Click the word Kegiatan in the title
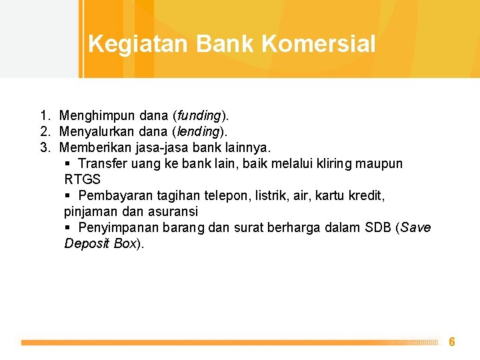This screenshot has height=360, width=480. [x=138, y=45]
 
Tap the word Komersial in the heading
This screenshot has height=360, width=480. [x=319, y=43]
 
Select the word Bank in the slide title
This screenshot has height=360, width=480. [x=225, y=43]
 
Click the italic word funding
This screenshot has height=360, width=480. [x=199, y=116]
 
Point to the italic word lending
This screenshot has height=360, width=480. [x=199, y=132]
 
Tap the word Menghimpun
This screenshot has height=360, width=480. [x=97, y=116]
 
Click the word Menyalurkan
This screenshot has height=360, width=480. [x=97, y=132]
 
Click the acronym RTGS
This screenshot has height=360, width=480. [x=83, y=179]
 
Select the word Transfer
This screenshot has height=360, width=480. [x=103, y=163]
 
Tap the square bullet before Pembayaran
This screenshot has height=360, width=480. [x=67, y=195]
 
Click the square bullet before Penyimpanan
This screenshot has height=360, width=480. [x=67, y=227]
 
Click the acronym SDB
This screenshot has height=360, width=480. [x=378, y=227]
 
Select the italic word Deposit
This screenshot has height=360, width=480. [x=87, y=244]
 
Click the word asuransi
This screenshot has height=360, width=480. [x=173, y=211]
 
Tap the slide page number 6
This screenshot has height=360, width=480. [x=452, y=341]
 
